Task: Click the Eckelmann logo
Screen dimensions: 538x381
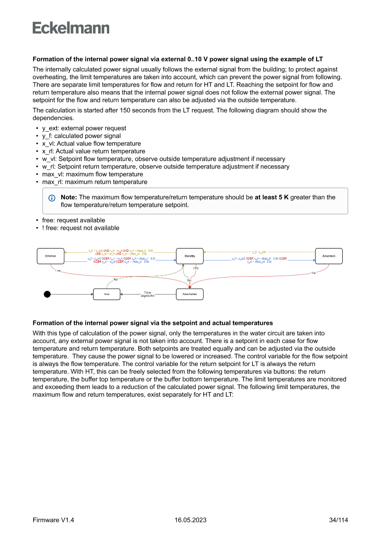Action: click(71, 28)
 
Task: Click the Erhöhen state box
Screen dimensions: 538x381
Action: click(50, 256)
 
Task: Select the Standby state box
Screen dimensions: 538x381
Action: click(190, 256)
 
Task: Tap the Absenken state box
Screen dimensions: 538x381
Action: click(329, 256)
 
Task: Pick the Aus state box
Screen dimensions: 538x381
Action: click(107, 294)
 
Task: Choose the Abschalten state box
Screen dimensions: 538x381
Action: click(190, 294)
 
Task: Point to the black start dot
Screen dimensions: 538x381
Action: click(47, 294)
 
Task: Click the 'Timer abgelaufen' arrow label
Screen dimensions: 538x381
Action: click(147, 294)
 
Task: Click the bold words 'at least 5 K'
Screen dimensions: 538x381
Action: click(271, 197)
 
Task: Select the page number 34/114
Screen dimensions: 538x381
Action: click(339, 520)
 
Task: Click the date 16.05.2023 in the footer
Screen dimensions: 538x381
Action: click(190, 520)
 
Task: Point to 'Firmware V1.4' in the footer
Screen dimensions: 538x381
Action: click(53, 520)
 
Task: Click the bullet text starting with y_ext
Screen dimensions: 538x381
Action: click(84, 128)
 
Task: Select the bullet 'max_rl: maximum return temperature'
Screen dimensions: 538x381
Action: click(94, 182)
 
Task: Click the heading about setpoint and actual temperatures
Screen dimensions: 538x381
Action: click(152, 323)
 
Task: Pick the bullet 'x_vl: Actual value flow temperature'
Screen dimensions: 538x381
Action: click(91, 144)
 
